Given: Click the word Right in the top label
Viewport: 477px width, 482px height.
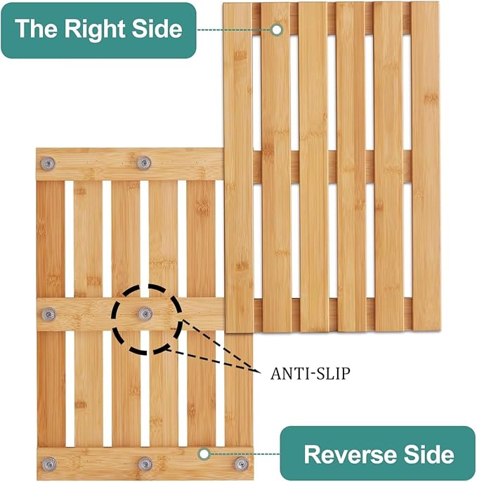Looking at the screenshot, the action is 95,29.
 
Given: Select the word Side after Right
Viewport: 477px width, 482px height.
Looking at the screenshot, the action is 157,29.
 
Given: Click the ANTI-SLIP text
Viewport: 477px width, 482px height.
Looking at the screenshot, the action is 311,373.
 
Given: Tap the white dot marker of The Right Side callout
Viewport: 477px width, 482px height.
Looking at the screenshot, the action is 277,29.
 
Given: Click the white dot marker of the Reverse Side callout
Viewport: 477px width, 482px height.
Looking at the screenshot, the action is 204,454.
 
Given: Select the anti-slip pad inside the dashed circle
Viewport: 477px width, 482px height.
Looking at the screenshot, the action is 145,314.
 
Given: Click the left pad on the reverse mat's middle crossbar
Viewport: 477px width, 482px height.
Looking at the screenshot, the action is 48,314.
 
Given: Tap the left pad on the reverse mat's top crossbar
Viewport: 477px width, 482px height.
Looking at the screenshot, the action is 48,163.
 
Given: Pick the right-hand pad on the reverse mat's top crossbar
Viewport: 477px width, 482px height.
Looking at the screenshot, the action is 144,163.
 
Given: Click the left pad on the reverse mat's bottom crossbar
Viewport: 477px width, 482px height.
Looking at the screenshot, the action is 49,464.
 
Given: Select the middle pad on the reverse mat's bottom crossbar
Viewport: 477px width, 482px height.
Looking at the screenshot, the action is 145,464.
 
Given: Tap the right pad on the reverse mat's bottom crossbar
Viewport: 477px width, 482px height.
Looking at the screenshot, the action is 242,464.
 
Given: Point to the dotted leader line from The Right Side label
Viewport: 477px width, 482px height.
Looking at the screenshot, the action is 234,29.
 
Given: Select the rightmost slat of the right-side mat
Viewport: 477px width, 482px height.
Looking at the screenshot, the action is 426,167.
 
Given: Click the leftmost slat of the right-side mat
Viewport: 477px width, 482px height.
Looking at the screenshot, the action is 239,168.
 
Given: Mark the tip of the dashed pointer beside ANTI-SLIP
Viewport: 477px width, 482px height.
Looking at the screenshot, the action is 261,373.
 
